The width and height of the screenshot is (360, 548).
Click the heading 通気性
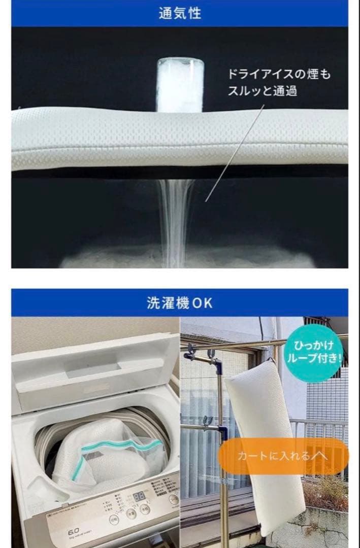(x=180, y=13)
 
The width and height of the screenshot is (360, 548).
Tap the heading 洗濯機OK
(x=180, y=303)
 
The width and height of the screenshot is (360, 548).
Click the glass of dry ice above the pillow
(x=180, y=84)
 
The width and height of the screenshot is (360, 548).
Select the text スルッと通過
(x=262, y=91)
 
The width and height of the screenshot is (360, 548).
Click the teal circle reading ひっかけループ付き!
(x=317, y=353)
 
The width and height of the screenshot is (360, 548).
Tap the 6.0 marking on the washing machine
(x=75, y=531)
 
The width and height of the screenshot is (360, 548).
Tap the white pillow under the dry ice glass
(x=180, y=137)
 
